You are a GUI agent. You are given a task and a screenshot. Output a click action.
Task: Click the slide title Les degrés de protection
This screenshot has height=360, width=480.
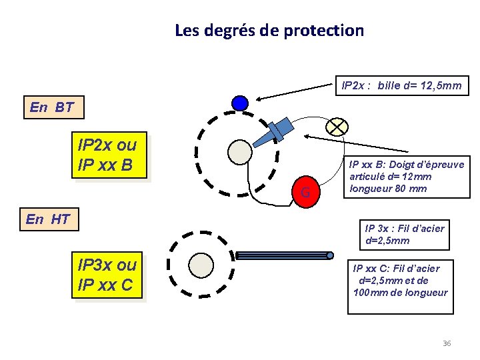click(x=269, y=31)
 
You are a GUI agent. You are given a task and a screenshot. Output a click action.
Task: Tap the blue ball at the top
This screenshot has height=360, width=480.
click(x=239, y=103)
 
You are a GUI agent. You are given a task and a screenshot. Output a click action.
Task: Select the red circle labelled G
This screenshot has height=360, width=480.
click(x=305, y=193)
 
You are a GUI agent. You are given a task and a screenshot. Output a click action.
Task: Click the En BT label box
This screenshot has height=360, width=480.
click(x=52, y=107)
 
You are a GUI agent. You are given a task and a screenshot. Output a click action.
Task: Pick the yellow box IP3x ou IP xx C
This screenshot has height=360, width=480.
click(x=108, y=275)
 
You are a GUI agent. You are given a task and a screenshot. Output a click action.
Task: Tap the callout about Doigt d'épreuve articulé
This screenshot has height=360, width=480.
click(x=406, y=176)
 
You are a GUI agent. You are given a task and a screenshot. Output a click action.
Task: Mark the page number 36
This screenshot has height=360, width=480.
click(x=447, y=343)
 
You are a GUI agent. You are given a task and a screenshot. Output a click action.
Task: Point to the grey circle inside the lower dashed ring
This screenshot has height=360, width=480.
click(x=200, y=265)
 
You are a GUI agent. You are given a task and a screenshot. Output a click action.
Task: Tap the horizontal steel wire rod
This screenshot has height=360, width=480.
click(x=284, y=255)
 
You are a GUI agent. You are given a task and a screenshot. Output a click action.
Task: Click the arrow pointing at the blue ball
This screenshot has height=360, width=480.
click(x=293, y=92)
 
